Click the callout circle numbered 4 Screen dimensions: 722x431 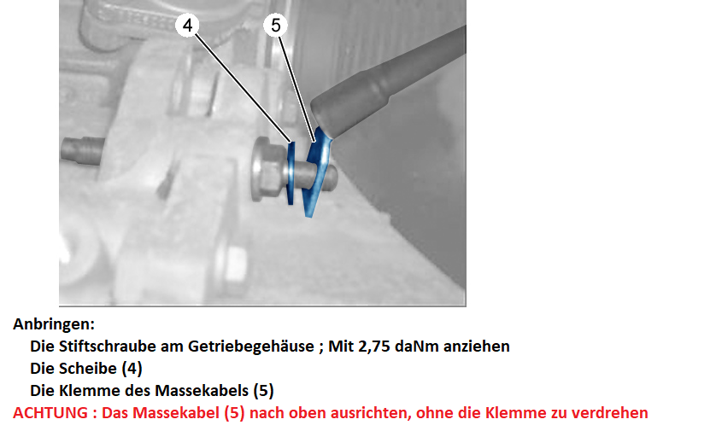coord(187,25)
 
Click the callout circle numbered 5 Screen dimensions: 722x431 coord(275,25)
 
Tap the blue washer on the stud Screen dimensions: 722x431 coord(291,173)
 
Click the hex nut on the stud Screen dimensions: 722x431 coord(267,169)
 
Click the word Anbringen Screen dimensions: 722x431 coord(54,323)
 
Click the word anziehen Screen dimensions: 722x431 coord(477,346)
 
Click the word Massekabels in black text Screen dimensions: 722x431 coord(202,391)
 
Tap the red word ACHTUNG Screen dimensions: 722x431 coord(50,412)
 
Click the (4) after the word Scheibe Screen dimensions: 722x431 coord(132,369)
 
